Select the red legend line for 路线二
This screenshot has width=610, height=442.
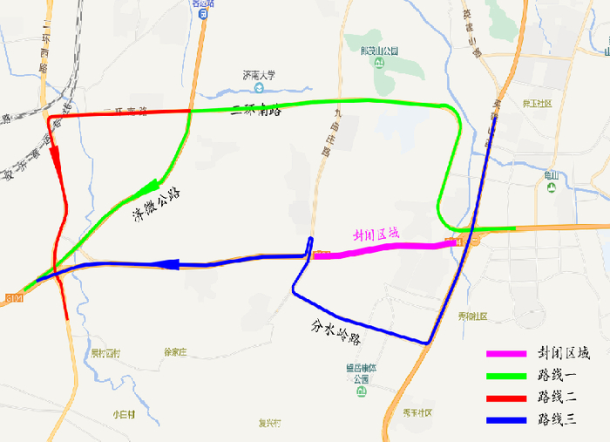[x=506, y=398]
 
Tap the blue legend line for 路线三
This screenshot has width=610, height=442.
[x=506, y=420]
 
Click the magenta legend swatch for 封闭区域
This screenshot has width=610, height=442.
[x=506, y=354]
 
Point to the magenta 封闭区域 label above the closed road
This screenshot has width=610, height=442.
[x=376, y=235]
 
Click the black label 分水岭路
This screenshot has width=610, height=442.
[x=336, y=331]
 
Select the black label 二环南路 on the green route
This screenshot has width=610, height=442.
[x=257, y=110]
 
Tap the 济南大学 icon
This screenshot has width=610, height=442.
[x=259, y=87]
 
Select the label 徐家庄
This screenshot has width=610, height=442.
[x=175, y=352]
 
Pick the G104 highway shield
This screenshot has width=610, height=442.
[x=12, y=299]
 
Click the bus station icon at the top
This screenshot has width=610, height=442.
[x=202, y=15]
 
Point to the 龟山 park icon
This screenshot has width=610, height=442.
[x=551, y=188]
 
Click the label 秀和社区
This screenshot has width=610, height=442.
[x=471, y=316]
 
